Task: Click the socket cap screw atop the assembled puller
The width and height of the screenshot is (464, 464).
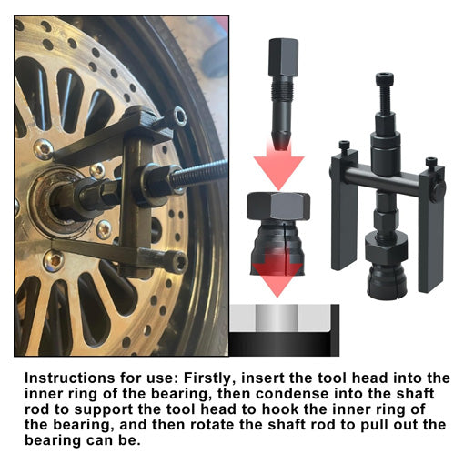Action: pos(385,89)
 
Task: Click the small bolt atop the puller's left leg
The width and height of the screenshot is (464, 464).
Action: pos(344,146)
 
